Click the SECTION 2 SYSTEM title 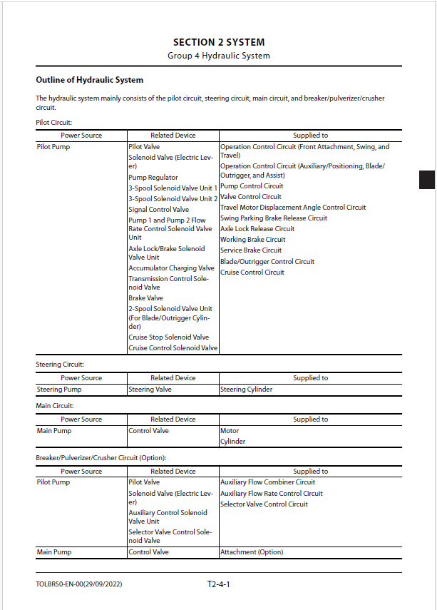(x=218, y=42)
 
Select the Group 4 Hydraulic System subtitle (x=218, y=56)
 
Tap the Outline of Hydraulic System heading (x=89, y=80)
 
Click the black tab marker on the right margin (x=426, y=180)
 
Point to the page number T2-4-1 (x=219, y=584)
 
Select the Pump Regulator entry (x=153, y=178)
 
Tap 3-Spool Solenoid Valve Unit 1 (x=173, y=188)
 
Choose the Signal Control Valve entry (x=158, y=210)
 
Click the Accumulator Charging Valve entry (x=171, y=268)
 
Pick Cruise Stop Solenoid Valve (x=168, y=337)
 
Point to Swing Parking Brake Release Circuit (x=274, y=218)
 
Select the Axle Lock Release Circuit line (x=257, y=229)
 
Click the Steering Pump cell (x=59, y=390)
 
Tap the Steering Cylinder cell (x=246, y=390)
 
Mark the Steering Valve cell (x=150, y=390)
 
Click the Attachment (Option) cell (x=252, y=552)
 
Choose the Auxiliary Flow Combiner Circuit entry (x=267, y=482)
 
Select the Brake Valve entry (x=145, y=298)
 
